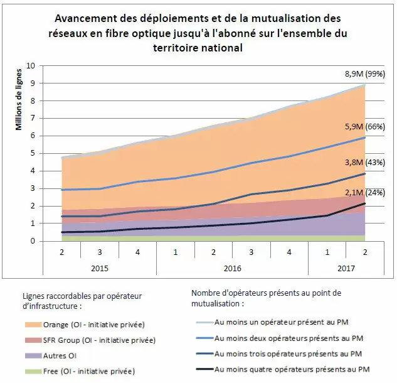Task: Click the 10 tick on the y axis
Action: click(32, 65)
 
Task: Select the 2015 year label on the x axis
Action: click(100, 268)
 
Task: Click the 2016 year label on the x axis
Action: click(232, 268)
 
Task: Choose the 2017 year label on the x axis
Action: click(346, 268)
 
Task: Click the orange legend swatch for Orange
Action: click(31, 325)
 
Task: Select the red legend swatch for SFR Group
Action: click(31, 340)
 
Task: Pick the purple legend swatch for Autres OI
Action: click(31, 355)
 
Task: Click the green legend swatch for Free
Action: click(31, 370)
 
